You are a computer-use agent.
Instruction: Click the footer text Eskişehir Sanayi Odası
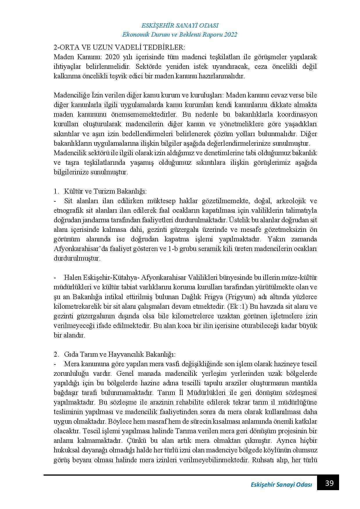(281, 485)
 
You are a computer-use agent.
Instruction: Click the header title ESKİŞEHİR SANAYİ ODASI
(180, 26)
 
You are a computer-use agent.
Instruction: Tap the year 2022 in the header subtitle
(231, 35)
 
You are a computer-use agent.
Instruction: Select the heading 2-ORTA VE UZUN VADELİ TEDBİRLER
(119, 47)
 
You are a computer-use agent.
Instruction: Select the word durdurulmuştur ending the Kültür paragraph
(77, 259)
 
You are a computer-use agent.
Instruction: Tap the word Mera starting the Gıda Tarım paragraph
(71, 364)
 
